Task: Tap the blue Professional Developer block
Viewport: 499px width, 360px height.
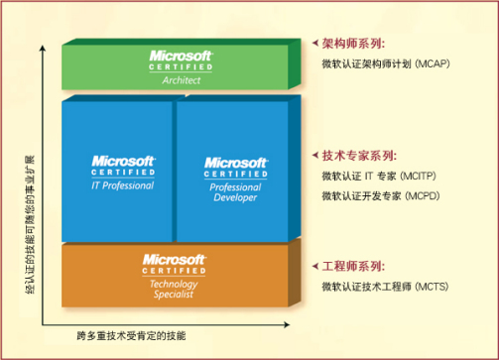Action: click(236, 174)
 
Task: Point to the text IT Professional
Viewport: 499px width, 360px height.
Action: click(123, 183)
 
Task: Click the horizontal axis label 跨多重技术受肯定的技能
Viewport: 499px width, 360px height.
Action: click(130, 335)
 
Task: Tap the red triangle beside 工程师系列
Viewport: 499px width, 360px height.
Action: click(315, 268)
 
